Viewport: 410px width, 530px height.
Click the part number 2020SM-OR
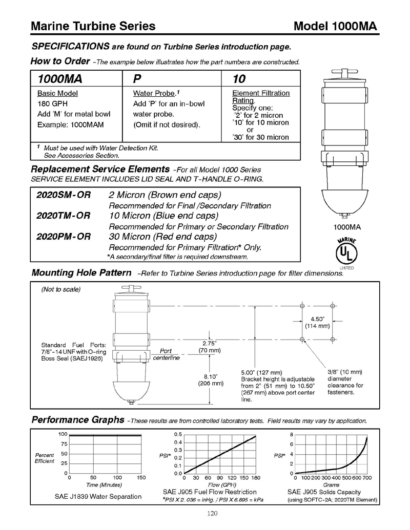[64, 195]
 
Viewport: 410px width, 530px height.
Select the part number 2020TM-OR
[64, 216]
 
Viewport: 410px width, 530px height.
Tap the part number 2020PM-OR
[64, 237]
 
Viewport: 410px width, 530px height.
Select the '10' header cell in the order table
[239, 79]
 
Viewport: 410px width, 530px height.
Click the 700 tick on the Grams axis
[366, 478]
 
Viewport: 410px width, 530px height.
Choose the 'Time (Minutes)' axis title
[104, 484]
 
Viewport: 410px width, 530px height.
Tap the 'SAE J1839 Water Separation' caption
[98, 496]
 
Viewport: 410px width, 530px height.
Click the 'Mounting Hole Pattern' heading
[81, 272]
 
